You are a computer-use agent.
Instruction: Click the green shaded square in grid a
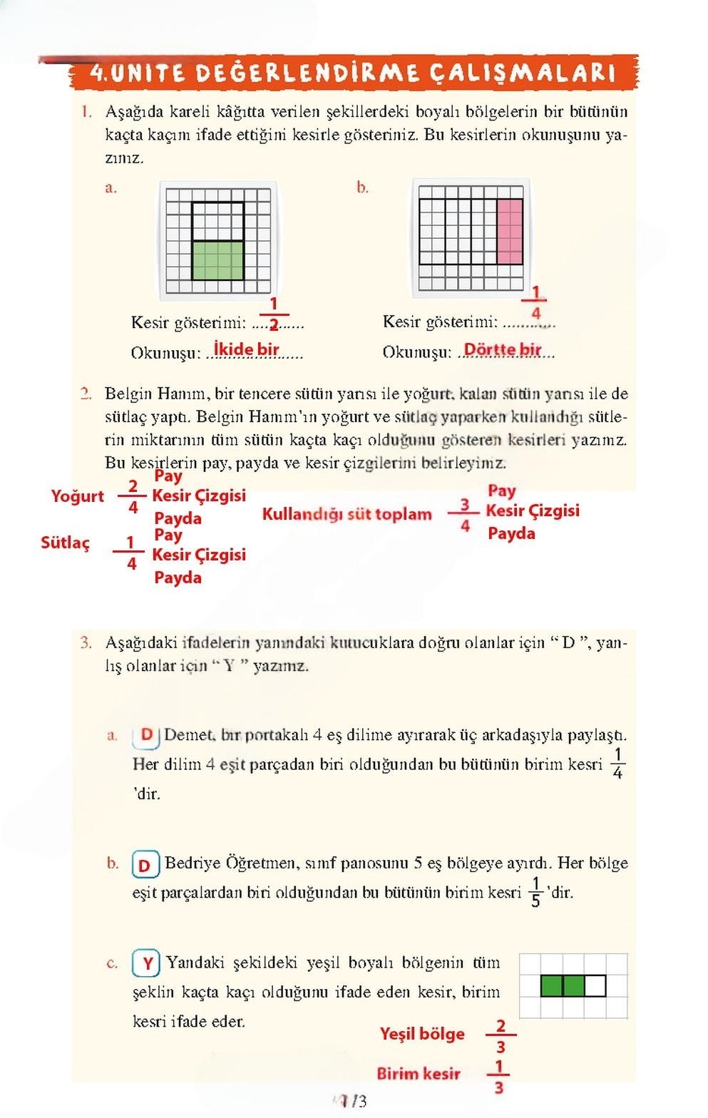pyautogui.click(x=218, y=260)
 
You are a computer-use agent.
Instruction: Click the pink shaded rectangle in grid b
pyautogui.click(x=509, y=232)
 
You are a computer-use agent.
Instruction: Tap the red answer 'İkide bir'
pyautogui.click(x=247, y=349)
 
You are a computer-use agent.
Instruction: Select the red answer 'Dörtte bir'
pyautogui.click(x=503, y=350)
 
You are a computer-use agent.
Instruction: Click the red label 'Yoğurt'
pyautogui.click(x=77, y=496)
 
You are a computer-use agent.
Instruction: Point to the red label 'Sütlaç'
pyautogui.click(x=66, y=543)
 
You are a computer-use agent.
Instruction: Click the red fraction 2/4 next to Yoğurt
pyautogui.click(x=133, y=497)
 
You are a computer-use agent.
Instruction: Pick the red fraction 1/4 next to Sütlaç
pyautogui.click(x=130, y=553)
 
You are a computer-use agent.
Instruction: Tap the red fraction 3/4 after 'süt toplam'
pyautogui.click(x=465, y=515)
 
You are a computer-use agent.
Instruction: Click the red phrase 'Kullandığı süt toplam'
pyautogui.click(x=347, y=515)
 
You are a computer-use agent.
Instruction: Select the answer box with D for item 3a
pyautogui.click(x=146, y=735)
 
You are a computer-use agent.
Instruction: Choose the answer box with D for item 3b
pyautogui.click(x=145, y=865)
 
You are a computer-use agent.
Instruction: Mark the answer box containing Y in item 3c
pyautogui.click(x=146, y=964)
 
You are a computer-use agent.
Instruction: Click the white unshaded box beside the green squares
pyautogui.click(x=595, y=986)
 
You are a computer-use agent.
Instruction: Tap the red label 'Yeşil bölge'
pyautogui.click(x=422, y=1034)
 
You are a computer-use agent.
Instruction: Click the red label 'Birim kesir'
pyautogui.click(x=419, y=1074)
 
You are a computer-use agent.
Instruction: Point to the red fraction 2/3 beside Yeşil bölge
pyautogui.click(x=501, y=1036)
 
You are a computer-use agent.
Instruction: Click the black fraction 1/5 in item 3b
pyautogui.click(x=535, y=892)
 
